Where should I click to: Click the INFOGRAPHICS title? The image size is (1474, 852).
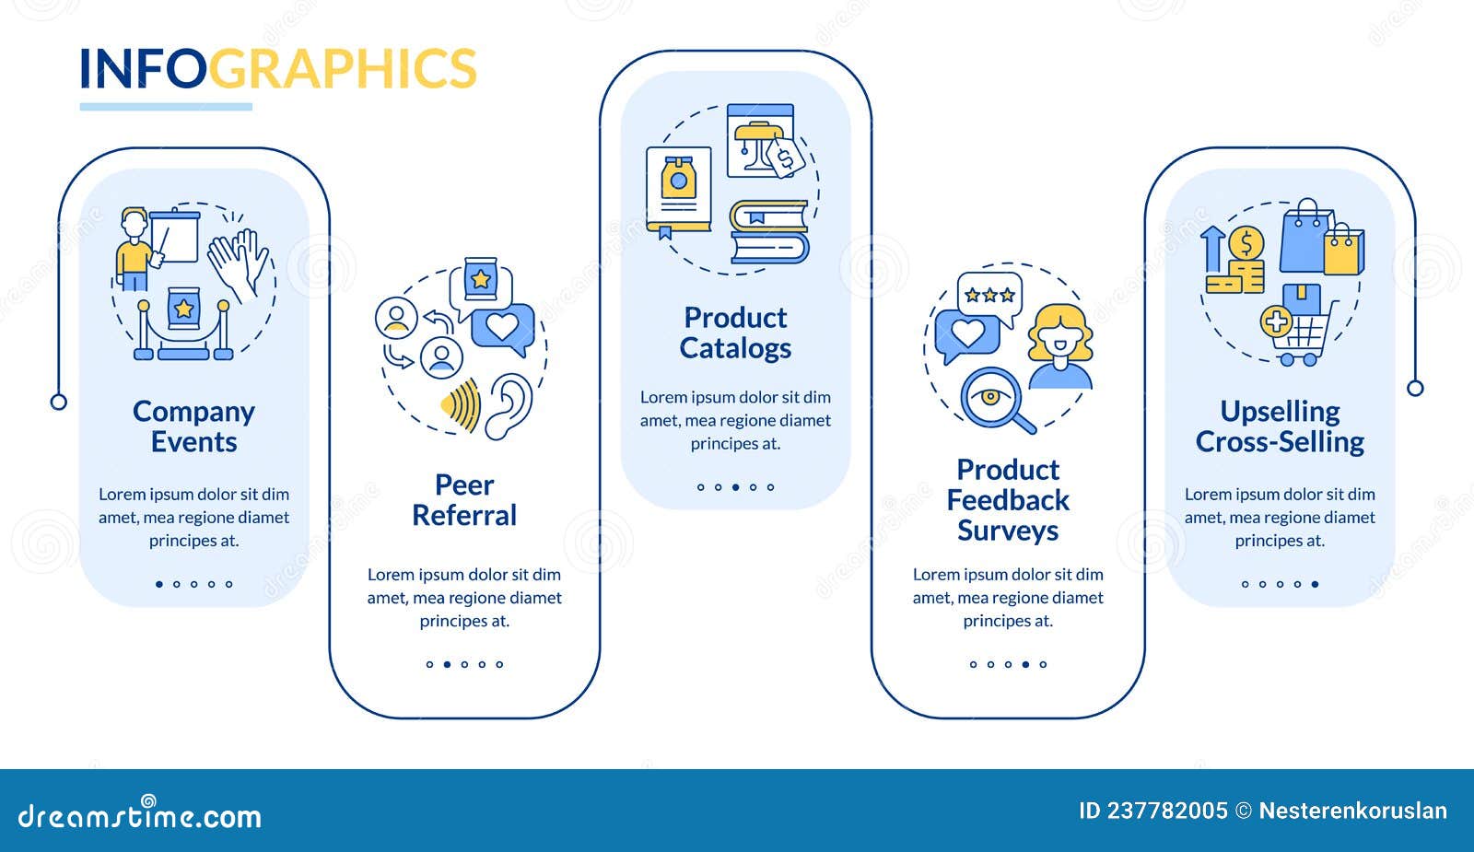(x=277, y=68)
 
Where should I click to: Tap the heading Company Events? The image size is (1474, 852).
(x=193, y=426)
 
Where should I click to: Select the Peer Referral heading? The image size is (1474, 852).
(x=464, y=500)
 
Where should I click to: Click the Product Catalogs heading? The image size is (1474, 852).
(x=736, y=333)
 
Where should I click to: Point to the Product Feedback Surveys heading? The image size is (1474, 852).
(x=1008, y=500)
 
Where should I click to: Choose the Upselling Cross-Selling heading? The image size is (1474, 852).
(x=1280, y=426)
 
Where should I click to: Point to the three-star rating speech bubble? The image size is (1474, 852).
(x=989, y=298)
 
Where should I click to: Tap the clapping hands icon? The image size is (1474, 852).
(x=240, y=264)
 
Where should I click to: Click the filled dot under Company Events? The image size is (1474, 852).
(x=159, y=584)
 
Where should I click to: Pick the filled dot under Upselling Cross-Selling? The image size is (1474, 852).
(x=1315, y=584)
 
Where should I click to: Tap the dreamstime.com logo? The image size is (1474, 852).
(x=139, y=813)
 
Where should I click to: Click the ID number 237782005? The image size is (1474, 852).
(x=1167, y=811)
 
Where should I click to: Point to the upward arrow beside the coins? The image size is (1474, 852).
(x=1212, y=249)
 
